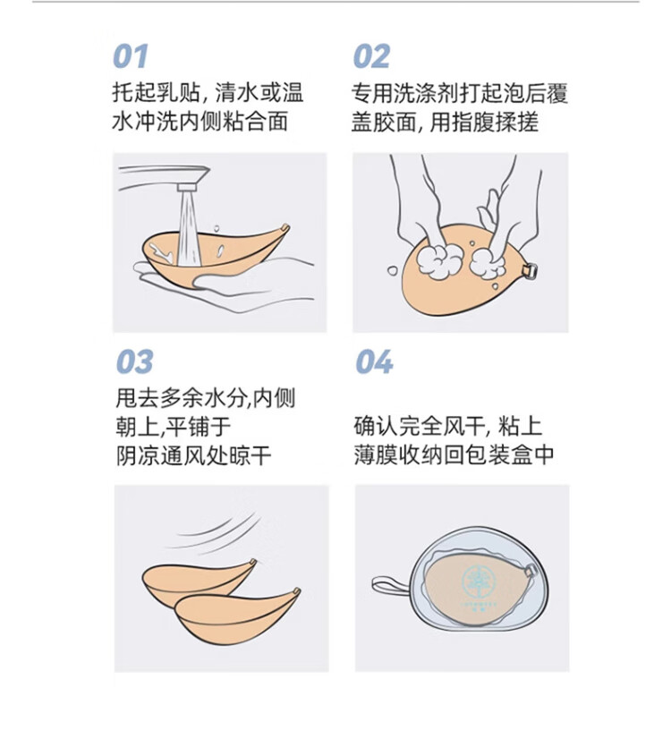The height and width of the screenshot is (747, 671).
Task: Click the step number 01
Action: (130, 56)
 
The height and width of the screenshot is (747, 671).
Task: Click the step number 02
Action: (371, 56)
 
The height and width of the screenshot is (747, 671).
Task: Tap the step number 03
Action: (134, 361)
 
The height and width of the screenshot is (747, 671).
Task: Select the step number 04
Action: (374, 361)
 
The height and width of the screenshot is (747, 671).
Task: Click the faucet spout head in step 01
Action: (187, 186)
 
